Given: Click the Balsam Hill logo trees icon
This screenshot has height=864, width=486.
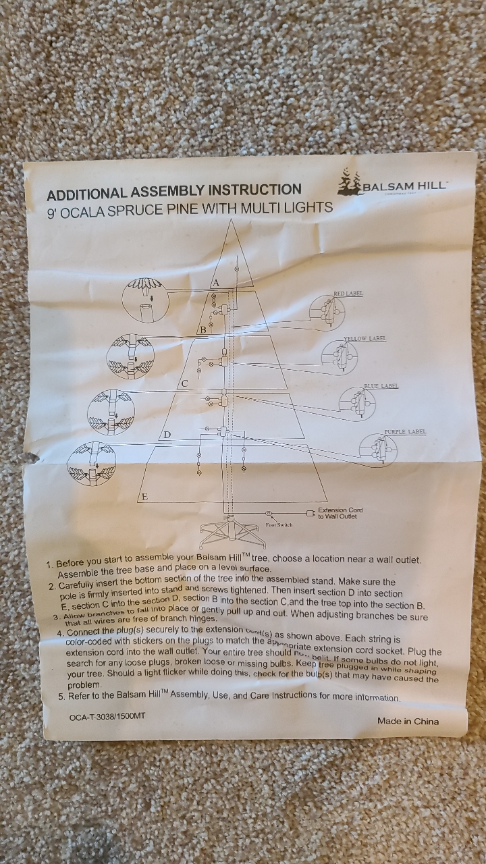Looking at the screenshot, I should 349,182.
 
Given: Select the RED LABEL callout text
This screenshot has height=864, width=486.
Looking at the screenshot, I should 348,294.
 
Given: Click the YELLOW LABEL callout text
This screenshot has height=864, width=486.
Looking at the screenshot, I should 364,338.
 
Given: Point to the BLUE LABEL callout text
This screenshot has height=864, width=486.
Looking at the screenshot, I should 381,386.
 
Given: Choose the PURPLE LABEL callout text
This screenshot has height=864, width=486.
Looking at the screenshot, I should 405,431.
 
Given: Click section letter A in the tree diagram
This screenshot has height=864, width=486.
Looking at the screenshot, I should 217,281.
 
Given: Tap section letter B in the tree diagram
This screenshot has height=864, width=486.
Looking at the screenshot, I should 202,329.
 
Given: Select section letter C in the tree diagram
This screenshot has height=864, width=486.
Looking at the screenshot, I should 184,384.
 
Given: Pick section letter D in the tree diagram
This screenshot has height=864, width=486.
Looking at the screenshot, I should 167,435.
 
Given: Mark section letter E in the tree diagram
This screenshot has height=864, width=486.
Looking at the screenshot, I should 144,497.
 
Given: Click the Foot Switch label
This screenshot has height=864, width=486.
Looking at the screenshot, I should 279,524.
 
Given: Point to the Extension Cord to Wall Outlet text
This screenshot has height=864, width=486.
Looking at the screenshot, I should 340,514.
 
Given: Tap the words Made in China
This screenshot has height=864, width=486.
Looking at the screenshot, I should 408,721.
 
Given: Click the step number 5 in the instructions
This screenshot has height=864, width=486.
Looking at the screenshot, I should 61,697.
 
